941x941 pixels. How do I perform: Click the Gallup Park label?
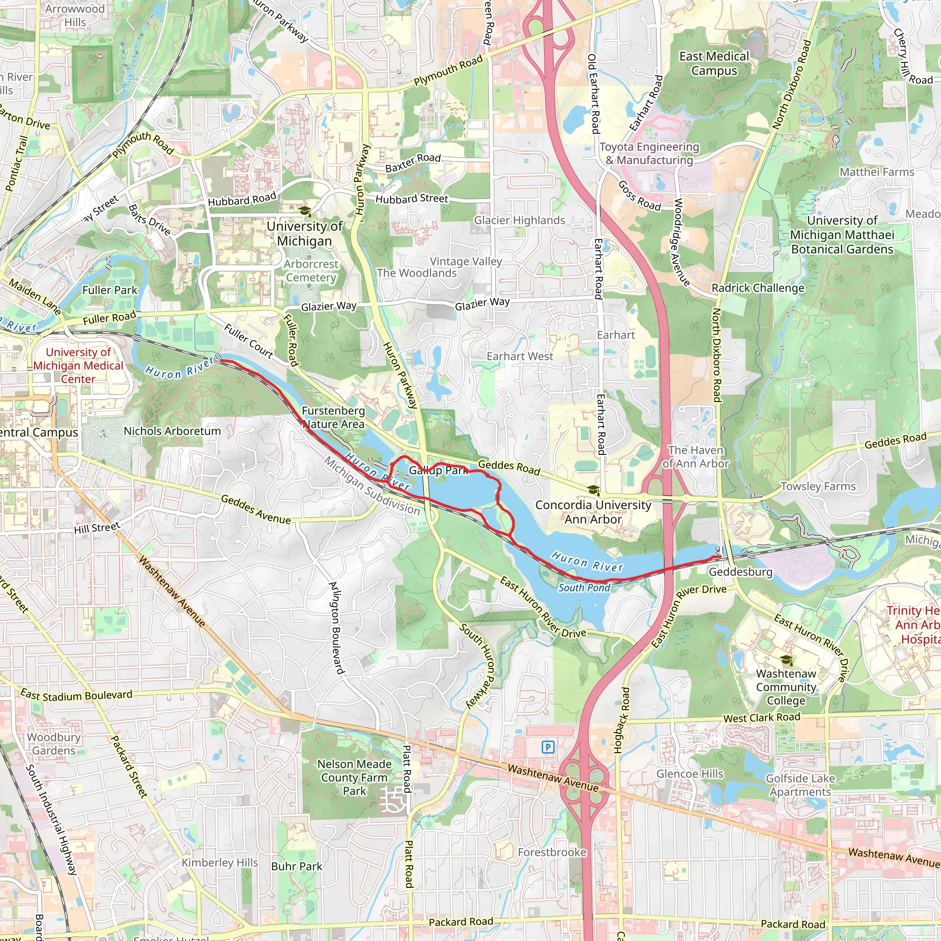click(x=438, y=470)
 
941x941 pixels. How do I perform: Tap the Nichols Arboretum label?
click(x=172, y=431)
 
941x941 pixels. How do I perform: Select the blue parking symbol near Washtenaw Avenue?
click(x=548, y=747)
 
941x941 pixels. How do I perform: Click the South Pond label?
click(x=584, y=588)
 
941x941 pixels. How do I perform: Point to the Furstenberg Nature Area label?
click(x=333, y=417)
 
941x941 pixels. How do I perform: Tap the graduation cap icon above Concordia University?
click(x=593, y=489)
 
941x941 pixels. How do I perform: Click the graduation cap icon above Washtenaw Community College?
click(x=786, y=660)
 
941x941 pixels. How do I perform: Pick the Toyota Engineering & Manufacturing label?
click(x=649, y=153)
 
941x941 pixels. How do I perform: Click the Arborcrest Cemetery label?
click(x=311, y=271)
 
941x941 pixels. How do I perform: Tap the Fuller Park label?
click(x=110, y=290)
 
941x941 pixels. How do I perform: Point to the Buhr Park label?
click(x=297, y=867)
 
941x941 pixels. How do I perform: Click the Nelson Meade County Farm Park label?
click(x=354, y=777)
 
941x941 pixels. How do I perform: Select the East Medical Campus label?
click(x=714, y=63)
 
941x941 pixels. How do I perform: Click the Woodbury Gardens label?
click(x=54, y=744)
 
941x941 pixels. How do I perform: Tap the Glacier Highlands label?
click(x=520, y=221)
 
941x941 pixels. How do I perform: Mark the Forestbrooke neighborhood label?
click(x=552, y=852)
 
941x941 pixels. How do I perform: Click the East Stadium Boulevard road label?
click(x=76, y=695)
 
